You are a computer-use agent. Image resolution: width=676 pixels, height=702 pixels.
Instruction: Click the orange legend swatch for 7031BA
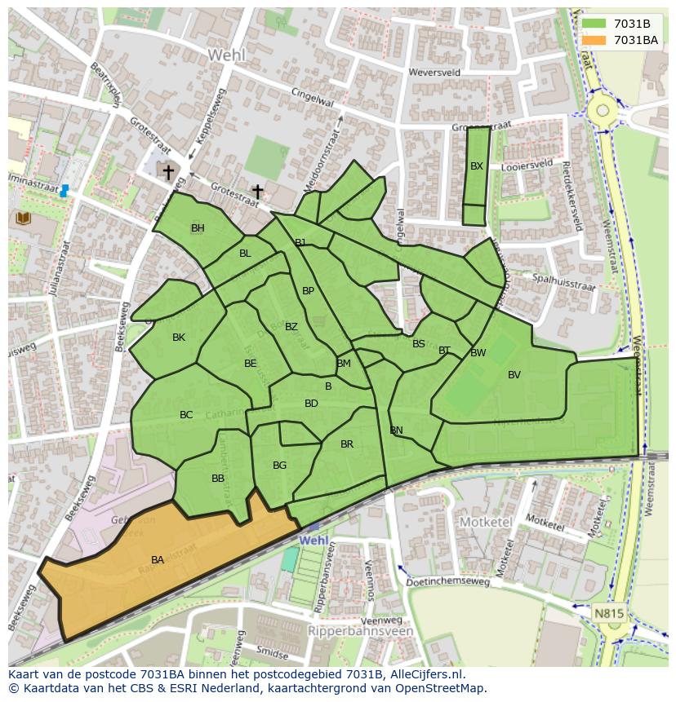pyautogui.click(x=594, y=40)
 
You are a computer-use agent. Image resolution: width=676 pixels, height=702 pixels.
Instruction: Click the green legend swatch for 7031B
pyautogui.click(x=594, y=24)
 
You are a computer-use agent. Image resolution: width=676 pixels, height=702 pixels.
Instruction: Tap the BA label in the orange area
pyautogui.click(x=158, y=560)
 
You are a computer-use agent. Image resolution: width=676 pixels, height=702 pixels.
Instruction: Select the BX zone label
pyautogui.click(x=477, y=166)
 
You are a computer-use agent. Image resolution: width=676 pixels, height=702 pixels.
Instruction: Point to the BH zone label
pyautogui.click(x=198, y=228)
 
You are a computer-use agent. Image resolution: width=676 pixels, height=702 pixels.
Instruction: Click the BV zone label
pyautogui.click(x=514, y=375)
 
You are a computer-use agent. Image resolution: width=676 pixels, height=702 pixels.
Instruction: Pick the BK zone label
pyautogui.click(x=179, y=338)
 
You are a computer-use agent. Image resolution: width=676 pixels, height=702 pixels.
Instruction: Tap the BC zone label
pyautogui.click(x=186, y=415)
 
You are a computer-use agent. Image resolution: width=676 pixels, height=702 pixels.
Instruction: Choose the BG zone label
pyautogui.click(x=279, y=466)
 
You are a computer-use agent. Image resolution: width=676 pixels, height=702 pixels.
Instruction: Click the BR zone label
pyautogui.click(x=347, y=444)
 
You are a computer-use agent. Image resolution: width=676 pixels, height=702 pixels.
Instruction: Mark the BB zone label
pyautogui.click(x=218, y=479)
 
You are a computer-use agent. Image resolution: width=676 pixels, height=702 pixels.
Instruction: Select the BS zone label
pyautogui.click(x=419, y=344)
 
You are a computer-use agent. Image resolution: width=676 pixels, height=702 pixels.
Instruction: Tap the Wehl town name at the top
pyautogui.click(x=226, y=55)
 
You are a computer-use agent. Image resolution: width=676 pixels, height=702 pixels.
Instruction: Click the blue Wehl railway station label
pyautogui.click(x=314, y=541)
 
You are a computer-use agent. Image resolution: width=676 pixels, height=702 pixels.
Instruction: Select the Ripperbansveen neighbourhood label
pyautogui.click(x=361, y=631)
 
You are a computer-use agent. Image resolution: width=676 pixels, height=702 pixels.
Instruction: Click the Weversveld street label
pyautogui.click(x=438, y=73)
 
